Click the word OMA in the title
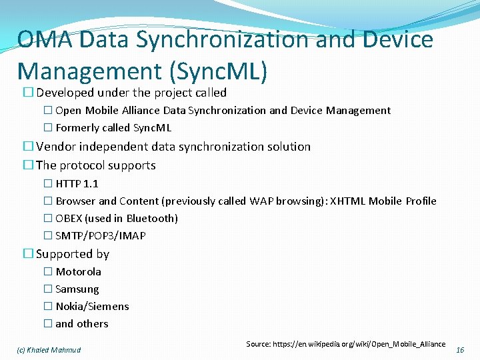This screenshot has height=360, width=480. [x=45, y=40]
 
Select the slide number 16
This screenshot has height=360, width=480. [x=460, y=350]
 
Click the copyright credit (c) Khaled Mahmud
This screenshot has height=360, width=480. [x=49, y=350]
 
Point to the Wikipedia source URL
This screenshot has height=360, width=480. [x=345, y=344]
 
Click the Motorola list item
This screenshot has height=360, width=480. [x=78, y=271]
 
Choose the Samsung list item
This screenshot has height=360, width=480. [x=77, y=289]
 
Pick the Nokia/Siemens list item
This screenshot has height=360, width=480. [x=92, y=306]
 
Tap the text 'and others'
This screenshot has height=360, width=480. [x=81, y=323]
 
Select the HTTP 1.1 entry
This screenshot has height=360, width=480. [x=77, y=183]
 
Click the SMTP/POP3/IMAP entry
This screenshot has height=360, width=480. [x=100, y=235]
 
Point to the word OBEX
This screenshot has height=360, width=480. [x=70, y=218]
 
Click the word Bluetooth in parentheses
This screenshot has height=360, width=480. [x=151, y=218]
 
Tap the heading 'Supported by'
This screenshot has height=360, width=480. [x=72, y=253]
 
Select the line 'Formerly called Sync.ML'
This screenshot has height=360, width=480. [x=113, y=127]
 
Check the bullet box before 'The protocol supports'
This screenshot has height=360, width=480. [x=28, y=165]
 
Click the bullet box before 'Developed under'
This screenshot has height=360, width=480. [x=28, y=93]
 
